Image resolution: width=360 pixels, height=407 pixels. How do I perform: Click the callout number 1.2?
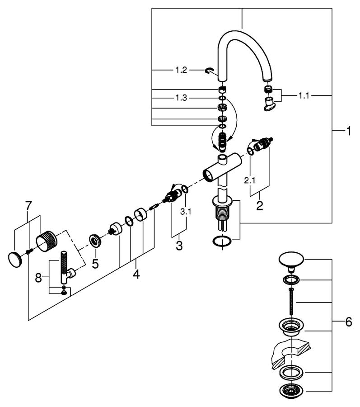coord(181,70)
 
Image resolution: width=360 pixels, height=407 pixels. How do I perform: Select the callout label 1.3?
coord(181,98)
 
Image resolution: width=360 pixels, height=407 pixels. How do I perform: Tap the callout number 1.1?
coord(304,96)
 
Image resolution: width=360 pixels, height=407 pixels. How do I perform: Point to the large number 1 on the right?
coord(349,131)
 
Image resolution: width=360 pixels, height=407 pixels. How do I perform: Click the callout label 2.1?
coord(250,180)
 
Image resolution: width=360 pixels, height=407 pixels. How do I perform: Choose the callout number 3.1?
coord(186,212)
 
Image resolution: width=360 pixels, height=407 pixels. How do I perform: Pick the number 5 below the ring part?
coord(95,264)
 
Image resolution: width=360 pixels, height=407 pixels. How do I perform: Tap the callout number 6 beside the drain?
coord(349,322)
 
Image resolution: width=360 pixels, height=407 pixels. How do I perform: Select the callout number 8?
coord(38,278)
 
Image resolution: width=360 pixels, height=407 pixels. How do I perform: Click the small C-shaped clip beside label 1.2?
coord(208,71)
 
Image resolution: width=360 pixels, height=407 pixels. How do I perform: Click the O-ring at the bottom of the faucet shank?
coord(222,241)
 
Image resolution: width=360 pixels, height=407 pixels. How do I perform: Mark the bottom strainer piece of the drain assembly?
coord(291,391)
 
